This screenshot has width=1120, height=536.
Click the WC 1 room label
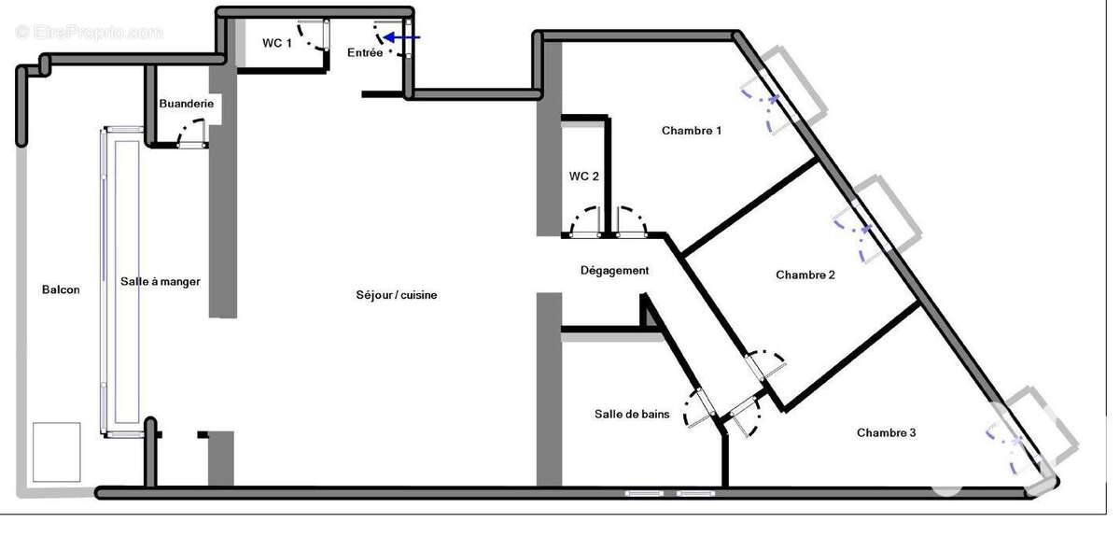(x=277, y=43)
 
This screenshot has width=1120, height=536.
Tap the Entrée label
(x=365, y=52)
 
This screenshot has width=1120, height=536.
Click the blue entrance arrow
(x=401, y=37)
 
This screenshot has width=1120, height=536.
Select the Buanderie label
(x=186, y=104)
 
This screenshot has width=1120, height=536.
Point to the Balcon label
(x=61, y=289)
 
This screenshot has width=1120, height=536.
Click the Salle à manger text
(x=160, y=282)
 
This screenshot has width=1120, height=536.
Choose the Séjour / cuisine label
(x=397, y=295)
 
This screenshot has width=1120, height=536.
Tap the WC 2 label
(x=583, y=176)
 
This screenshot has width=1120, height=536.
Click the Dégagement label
(x=614, y=271)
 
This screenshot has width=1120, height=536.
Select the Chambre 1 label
(x=692, y=131)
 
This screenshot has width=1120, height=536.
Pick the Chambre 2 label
(x=805, y=275)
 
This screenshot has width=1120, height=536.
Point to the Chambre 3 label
(x=886, y=433)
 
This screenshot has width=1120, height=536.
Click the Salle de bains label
(x=632, y=415)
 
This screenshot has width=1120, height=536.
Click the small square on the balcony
(x=57, y=452)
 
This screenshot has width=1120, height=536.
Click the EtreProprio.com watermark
(x=89, y=33)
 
